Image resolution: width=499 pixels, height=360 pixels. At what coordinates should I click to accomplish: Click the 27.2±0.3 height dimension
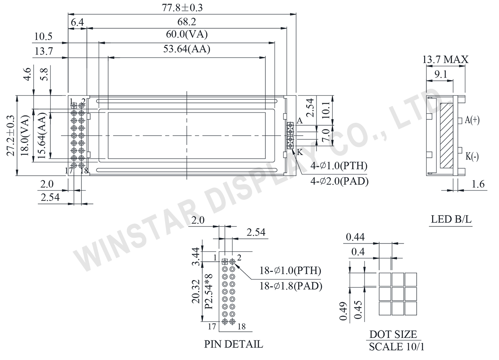pyautogui.click(x=11, y=136)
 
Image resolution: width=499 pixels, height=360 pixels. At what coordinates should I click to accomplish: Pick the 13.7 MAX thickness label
pyautogui.click(x=445, y=60)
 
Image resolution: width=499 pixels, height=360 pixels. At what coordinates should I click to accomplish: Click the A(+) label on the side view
pyautogui.click(x=472, y=120)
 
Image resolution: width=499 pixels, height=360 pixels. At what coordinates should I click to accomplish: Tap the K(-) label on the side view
pyautogui.click(x=472, y=156)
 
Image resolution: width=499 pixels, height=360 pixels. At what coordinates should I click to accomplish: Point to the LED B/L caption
pyautogui.click(x=452, y=220)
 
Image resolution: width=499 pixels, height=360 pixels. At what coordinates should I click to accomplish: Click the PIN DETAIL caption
pyautogui.click(x=234, y=344)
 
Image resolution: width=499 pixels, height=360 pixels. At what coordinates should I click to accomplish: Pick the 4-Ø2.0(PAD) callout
pyautogui.click(x=339, y=181)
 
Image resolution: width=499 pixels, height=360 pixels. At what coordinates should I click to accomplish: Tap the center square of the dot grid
pyautogui.click(x=398, y=293)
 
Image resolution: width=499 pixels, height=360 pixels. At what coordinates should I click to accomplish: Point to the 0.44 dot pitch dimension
pyautogui.click(x=355, y=237)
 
